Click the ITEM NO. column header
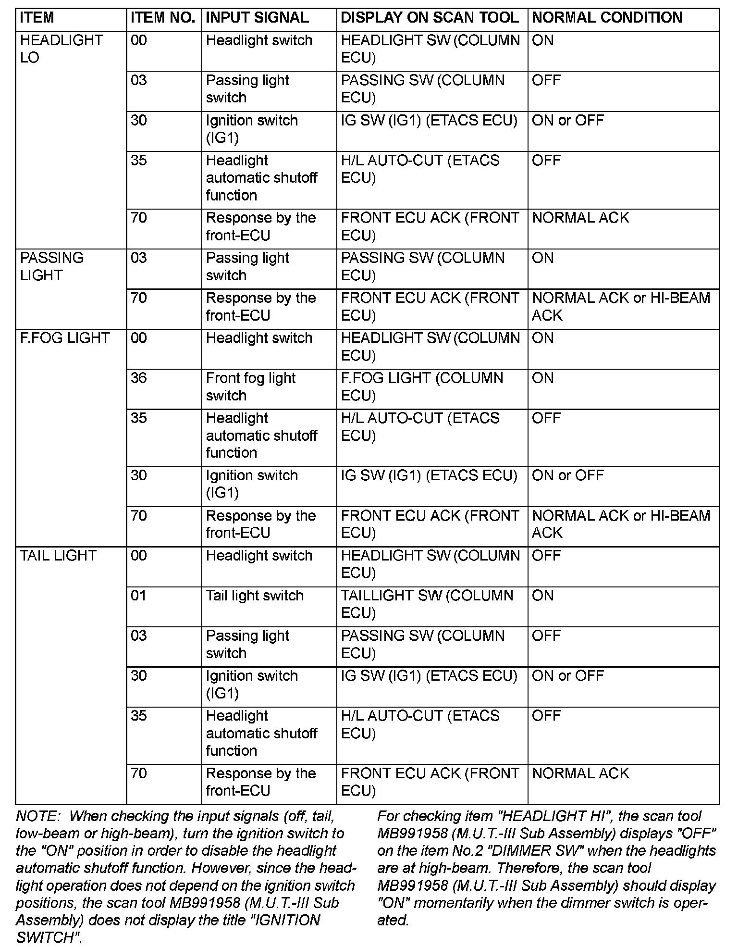click(162, 18)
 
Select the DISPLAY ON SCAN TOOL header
click(430, 18)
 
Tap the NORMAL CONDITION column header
click(607, 18)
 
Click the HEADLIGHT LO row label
click(61, 49)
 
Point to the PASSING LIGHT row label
click(51, 266)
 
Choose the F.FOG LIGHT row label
click(65, 338)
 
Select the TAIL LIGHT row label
click(58, 556)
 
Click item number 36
click(139, 378)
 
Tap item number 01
click(138, 596)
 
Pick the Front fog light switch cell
click(250, 386)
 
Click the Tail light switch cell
click(255, 596)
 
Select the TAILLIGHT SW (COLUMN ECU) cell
click(427, 604)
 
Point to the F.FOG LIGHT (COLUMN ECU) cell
click(422, 386)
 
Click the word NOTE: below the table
click(38, 816)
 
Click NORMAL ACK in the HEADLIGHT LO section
click(580, 218)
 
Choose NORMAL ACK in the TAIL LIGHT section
click(580, 773)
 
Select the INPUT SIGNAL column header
click(257, 18)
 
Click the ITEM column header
click(37, 18)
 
